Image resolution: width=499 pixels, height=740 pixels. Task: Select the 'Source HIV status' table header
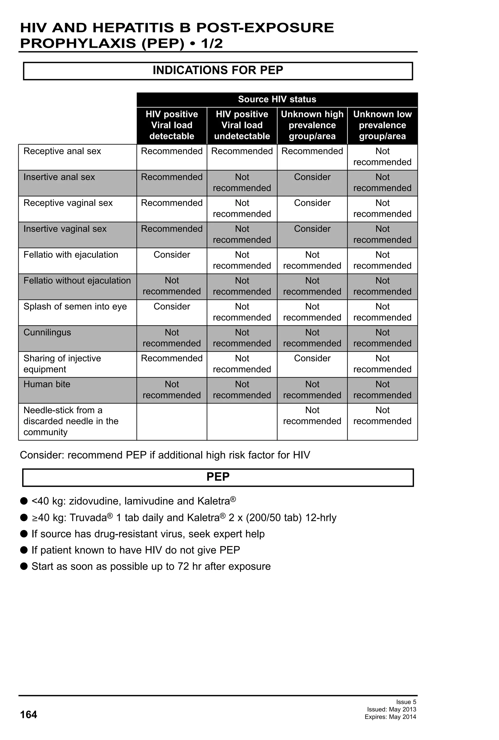coord(277,99)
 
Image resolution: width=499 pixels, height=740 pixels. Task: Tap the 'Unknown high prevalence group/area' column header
coord(312,125)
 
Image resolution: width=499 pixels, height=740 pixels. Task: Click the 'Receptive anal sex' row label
coord(62,151)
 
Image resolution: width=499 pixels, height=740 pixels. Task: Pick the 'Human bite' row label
coord(47,384)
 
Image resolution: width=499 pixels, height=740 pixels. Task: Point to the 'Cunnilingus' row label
coord(47,332)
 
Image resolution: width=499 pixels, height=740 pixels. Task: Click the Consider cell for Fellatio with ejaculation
coord(172,255)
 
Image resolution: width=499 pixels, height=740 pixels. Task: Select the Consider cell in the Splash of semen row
coord(172,307)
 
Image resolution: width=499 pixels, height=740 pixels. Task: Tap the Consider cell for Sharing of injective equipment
coord(312,359)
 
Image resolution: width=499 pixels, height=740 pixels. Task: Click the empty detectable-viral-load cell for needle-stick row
coord(172,421)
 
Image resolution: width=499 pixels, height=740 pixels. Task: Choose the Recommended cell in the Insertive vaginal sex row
coord(172,229)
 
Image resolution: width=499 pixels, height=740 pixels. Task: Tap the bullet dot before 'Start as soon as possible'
coord(24,566)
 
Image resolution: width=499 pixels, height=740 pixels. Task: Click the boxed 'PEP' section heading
coord(218,477)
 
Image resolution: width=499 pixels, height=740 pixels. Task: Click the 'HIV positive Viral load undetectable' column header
coord(242,125)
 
